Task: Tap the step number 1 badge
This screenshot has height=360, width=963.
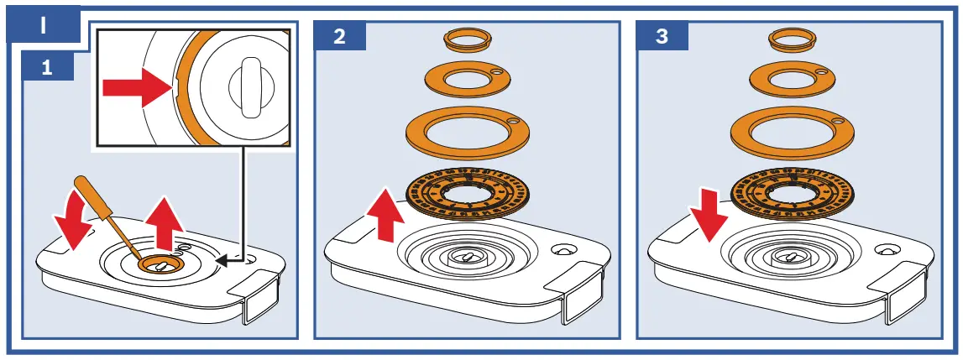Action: pyautogui.click(x=46, y=67)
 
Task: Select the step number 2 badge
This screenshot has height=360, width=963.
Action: pyautogui.click(x=338, y=37)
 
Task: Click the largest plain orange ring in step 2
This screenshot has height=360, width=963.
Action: pyautogui.click(x=467, y=132)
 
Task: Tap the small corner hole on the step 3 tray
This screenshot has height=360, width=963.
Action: pyautogui.click(x=887, y=250)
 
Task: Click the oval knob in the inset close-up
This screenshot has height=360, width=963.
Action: pyautogui.click(x=245, y=85)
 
